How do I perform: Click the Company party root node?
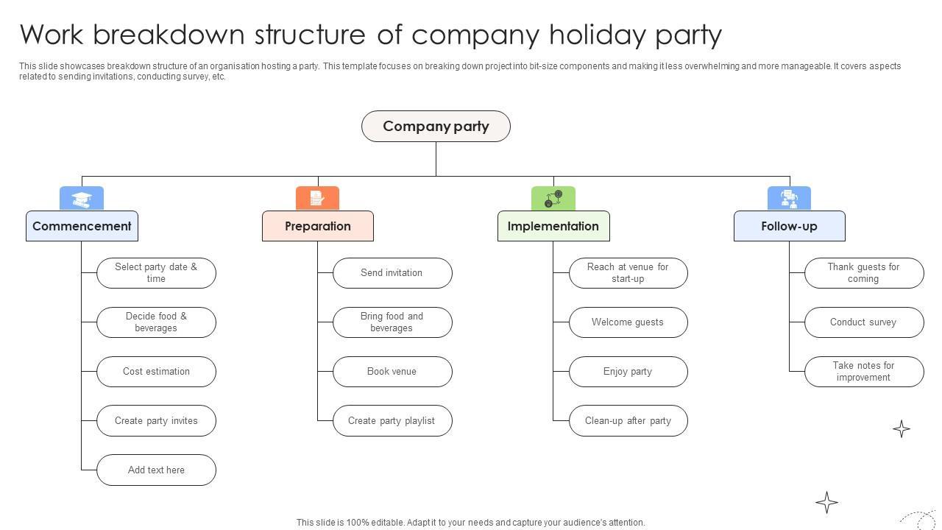[436, 127]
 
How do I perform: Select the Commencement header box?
[82, 226]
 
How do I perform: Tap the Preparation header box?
[318, 226]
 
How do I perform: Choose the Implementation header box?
[553, 226]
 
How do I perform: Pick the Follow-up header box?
[789, 226]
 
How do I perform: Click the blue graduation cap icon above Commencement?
[82, 199]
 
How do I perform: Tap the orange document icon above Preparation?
[317, 199]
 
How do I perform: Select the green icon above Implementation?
[553, 199]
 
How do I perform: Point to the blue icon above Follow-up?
[789, 199]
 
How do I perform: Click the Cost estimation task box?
[156, 372]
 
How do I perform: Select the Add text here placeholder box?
[156, 470]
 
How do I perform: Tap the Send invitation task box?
[392, 273]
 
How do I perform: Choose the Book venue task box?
[392, 372]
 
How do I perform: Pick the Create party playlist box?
[392, 421]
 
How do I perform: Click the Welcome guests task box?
[628, 322]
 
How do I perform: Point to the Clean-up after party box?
[628, 421]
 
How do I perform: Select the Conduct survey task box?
[863, 322]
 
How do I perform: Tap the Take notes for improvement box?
[863, 372]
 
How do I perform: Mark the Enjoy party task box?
[628, 372]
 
